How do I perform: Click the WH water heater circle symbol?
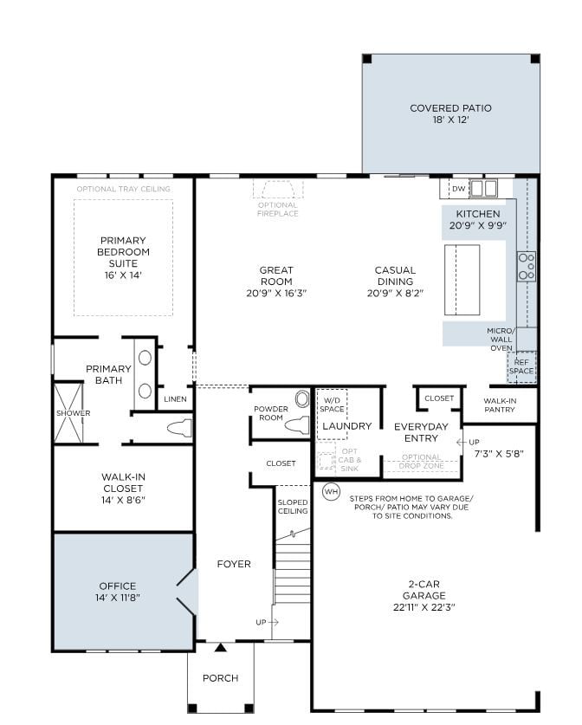pos(331,492)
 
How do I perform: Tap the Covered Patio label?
pos(450,109)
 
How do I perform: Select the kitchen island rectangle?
pos(462,280)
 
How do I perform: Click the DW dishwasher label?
pos(458,188)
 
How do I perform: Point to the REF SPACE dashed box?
pos(521,366)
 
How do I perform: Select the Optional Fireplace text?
pos(278,209)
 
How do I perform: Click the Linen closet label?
pos(174,399)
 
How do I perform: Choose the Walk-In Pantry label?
pos(500,405)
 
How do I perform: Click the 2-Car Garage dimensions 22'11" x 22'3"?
pos(424,607)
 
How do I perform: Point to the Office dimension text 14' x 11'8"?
pos(117,598)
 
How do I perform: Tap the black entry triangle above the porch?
pos(221,647)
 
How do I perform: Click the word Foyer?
pos(233,564)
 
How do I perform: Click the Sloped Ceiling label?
pos(293,506)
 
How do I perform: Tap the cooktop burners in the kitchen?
pos(526,266)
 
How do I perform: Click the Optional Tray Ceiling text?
pos(123,189)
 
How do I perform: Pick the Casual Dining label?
pos(395,275)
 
